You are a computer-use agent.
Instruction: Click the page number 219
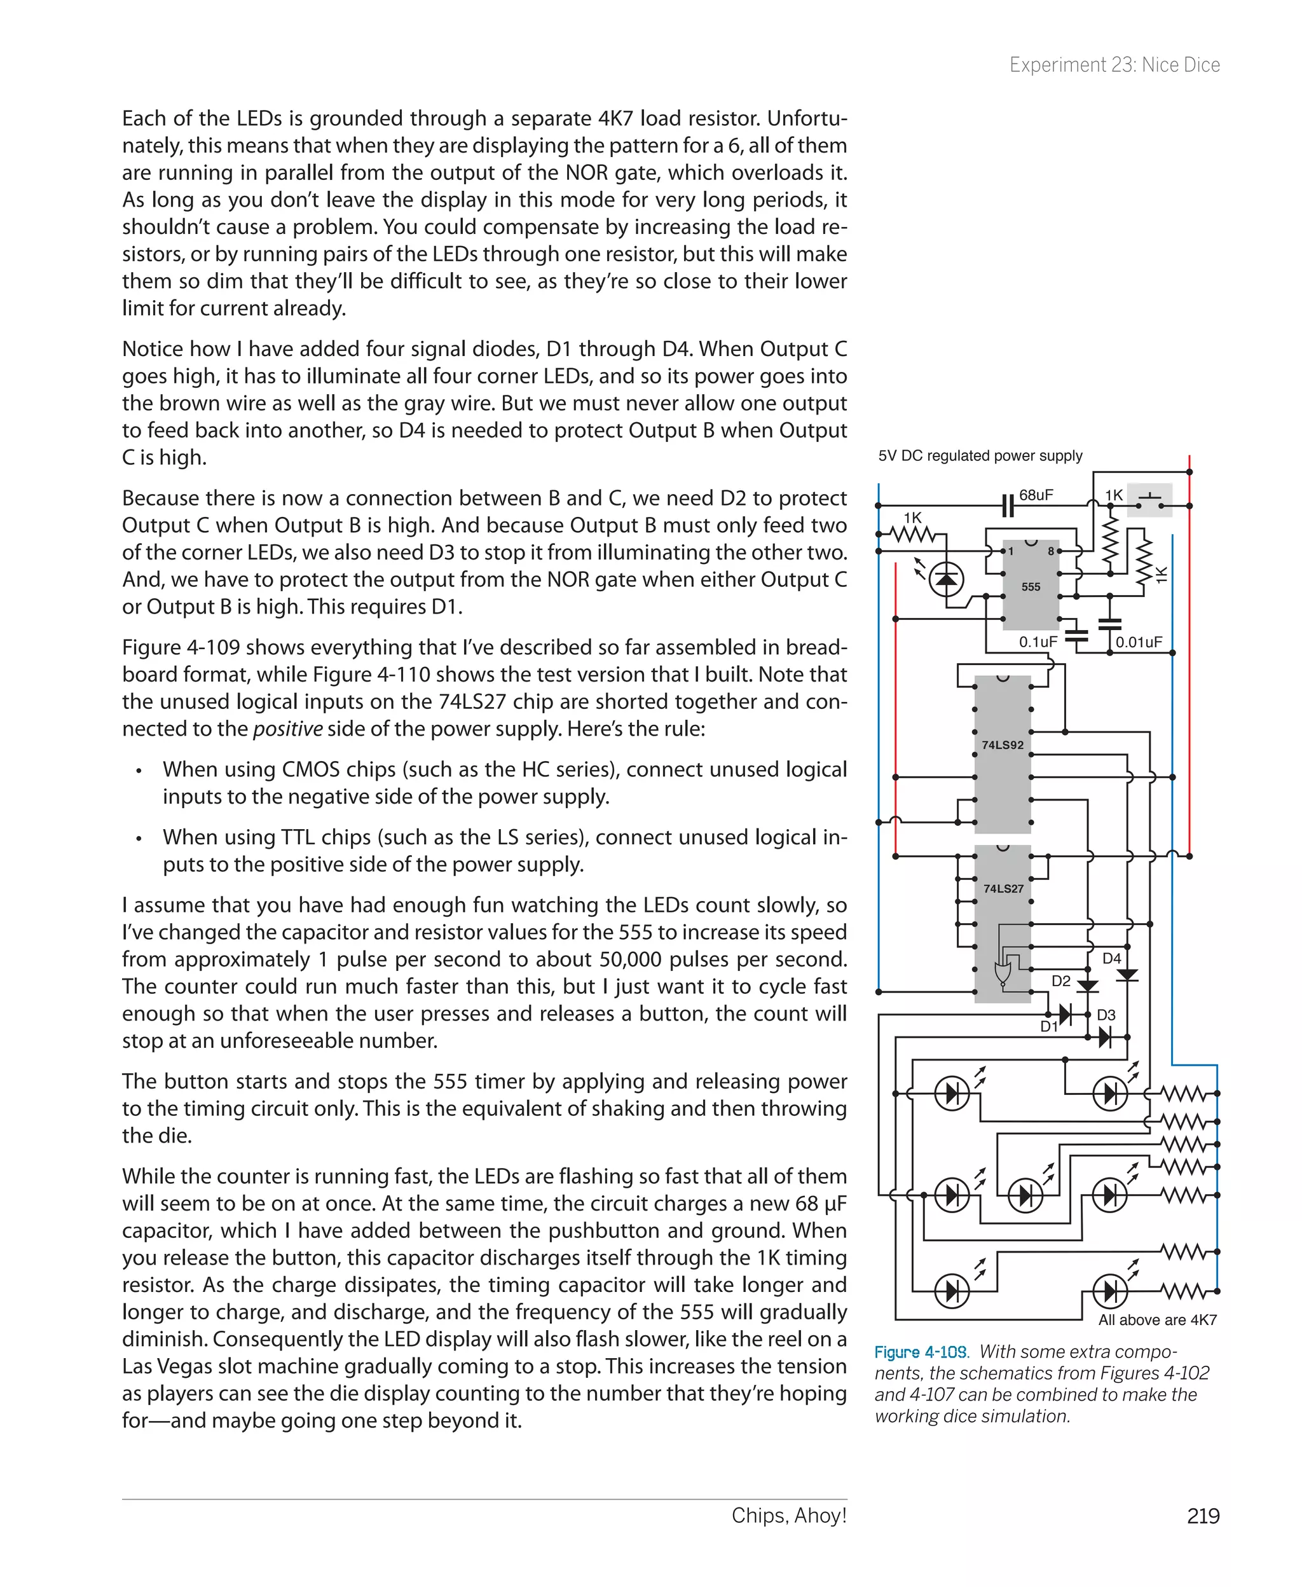(1202, 1516)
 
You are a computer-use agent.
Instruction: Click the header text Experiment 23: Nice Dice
(1114, 65)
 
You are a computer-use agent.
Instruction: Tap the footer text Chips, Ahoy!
(788, 1515)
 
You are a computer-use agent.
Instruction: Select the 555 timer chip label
(1031, 586)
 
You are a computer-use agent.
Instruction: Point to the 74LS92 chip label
(1002, 745)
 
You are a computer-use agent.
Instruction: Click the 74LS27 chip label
(1003, 889)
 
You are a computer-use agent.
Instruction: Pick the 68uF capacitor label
(1036, 495)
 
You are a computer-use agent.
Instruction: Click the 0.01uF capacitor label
(1139, 642)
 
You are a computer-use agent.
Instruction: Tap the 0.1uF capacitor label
(1038, 642)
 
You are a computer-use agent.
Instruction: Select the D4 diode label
(1111, 959)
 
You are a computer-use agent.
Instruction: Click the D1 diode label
(1048, 1027)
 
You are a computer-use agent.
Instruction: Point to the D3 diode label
(1106, 1015)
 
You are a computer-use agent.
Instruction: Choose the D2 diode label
(1061, 981)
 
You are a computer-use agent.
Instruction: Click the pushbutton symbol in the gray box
(1150, 500)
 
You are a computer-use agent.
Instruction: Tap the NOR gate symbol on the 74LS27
(1001, 973)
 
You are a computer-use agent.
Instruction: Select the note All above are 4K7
(1157, 1320)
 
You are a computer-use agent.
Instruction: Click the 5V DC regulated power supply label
(980, 455)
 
